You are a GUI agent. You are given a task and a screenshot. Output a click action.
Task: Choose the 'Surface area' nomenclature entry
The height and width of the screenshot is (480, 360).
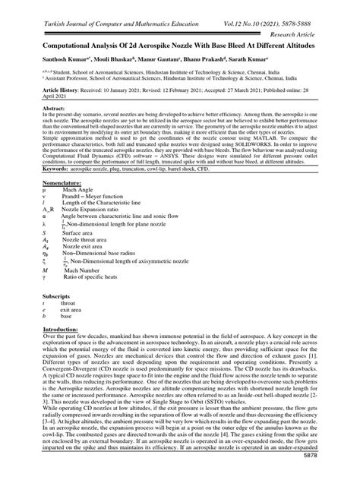[x=78, y=251]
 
